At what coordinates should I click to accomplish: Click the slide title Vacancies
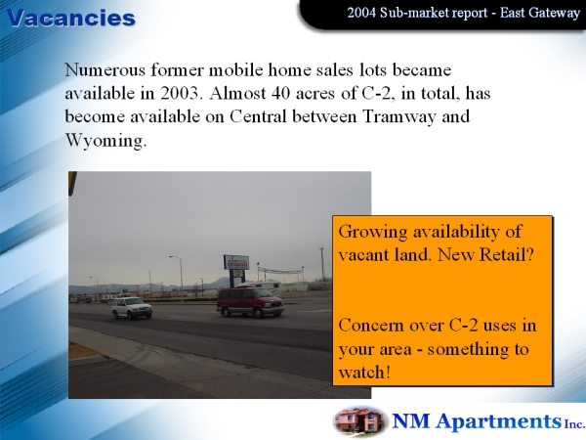pos(71,18)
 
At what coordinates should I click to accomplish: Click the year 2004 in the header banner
pos(361,13)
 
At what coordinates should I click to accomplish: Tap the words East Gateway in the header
pos(540,13)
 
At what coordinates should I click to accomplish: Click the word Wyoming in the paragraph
pos(105,141)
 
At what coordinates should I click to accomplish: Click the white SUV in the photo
pos(132,308)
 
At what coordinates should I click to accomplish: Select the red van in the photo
pos(250,302)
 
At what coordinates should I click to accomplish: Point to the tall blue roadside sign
pos(236,267)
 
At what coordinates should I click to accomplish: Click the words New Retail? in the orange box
pos(485,255)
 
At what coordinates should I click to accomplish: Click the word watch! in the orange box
pos(364,373)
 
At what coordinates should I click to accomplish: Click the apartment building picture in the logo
pos(360,421)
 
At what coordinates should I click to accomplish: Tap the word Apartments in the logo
pos(499,421)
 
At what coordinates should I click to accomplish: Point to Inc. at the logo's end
pos(574,423)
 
